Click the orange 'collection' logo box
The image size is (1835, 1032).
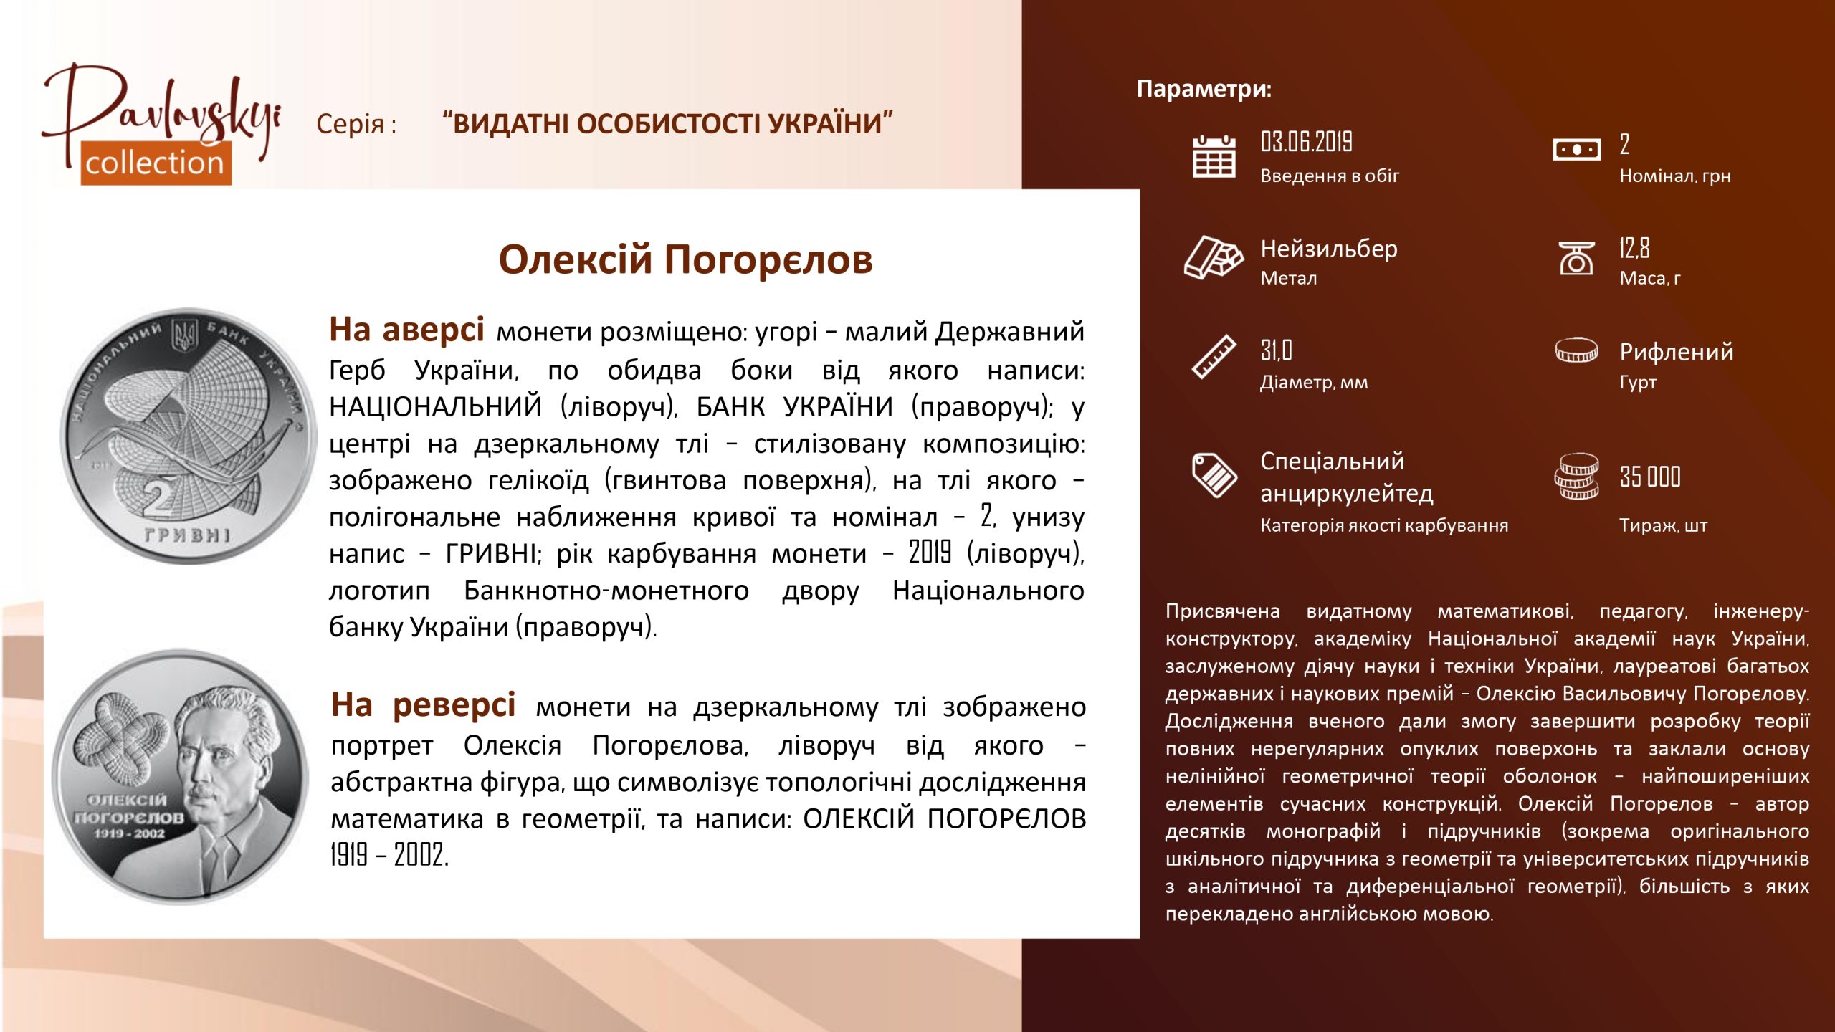(x=156, y=163)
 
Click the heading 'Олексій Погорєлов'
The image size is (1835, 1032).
(x=685, y=259)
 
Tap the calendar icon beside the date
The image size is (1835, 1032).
(x=1214, y=156)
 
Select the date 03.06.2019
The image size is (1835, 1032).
(x=1306, y=142)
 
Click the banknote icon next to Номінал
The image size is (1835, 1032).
(x=1576, y=150)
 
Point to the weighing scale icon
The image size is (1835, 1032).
(x=1576, y=258)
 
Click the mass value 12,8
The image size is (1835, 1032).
(x=1634, y=248)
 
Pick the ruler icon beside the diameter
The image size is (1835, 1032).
(x=1214, y=356)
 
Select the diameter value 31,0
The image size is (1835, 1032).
(x=1276, y=350)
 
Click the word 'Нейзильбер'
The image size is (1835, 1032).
(x=1329, y=249)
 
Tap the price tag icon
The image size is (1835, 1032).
(x=1214, y=474)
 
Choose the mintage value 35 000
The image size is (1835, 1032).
(x=1650, y=477)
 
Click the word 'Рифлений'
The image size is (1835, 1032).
(x=1677, y=352)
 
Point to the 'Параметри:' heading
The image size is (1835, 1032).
(x=1204, y=89)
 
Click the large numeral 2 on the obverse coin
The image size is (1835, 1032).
(x=159, y=497)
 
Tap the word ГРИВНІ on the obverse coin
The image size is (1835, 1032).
(x=188, y=535)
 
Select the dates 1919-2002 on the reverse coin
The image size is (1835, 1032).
(x=130, y=833)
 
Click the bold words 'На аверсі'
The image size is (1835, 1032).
(x=406, y=330)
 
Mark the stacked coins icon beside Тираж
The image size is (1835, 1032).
(x=1576, y=477)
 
